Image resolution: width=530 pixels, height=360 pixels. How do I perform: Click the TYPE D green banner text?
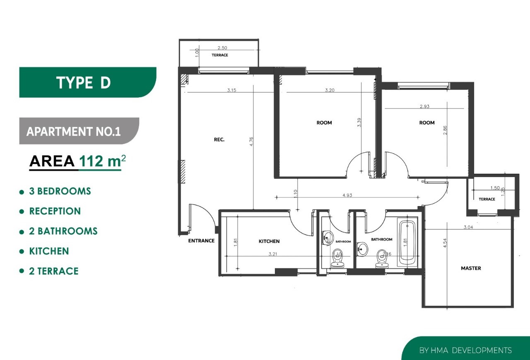click(x=84, y=82)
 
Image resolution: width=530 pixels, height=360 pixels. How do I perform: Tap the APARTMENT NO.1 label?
click(x=74, y=132)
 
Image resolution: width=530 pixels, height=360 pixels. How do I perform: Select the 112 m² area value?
click(x=102, y=161)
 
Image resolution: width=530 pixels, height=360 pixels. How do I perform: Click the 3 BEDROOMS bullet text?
click(x=60, y=191)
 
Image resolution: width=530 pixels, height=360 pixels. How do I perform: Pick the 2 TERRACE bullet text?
click(x=54, y=271)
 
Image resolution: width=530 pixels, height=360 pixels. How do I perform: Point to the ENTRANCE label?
click(x=201, y=241)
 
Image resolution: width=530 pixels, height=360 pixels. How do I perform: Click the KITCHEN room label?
click(x=269, y=241)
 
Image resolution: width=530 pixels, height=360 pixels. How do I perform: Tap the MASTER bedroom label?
click(x=471, y=268)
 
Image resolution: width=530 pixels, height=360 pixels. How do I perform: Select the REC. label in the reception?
click(x=219, y=139)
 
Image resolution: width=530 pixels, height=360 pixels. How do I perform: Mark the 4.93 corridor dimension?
click(x=347, y=195)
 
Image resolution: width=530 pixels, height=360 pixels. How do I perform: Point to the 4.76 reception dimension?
click(x=251, y=142)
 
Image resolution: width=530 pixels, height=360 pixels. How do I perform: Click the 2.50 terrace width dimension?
click(x=222, y=48)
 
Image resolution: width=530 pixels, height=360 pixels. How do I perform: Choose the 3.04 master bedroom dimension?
click(x=468, y=227)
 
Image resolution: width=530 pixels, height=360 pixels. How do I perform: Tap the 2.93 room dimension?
click(x=424, y=106)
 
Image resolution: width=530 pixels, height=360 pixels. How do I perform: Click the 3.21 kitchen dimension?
click(x=272, y=254)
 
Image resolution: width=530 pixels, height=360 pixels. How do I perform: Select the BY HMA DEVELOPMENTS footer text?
click(x=465, y=350)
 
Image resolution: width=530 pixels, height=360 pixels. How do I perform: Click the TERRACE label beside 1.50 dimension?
click(x=487, y=199)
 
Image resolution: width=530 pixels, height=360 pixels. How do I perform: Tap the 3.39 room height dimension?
click(x=359, y=122)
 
